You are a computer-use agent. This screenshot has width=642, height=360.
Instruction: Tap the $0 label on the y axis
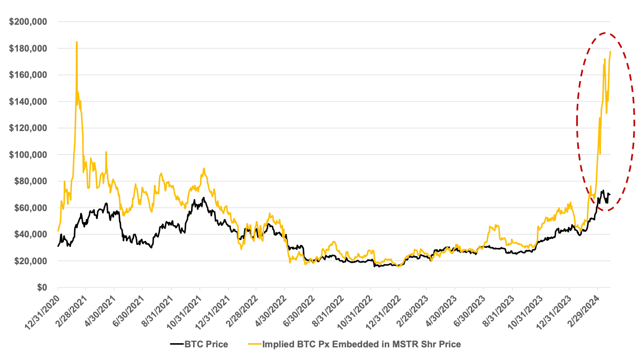pos(41,287)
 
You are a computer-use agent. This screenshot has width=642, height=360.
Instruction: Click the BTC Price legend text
pos(206,345)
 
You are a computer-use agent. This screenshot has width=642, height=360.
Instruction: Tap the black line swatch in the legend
pos(176,345)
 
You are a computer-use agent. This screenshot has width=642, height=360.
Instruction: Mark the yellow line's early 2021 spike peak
pos(77,42)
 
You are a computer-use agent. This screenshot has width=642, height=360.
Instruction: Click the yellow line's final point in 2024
pos(610,52)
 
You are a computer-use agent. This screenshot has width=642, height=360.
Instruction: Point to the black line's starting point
pos(58,246)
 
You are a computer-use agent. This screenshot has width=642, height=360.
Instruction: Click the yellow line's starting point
pos(58,231)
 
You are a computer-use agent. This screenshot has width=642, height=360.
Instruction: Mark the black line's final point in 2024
pos(609,194)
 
